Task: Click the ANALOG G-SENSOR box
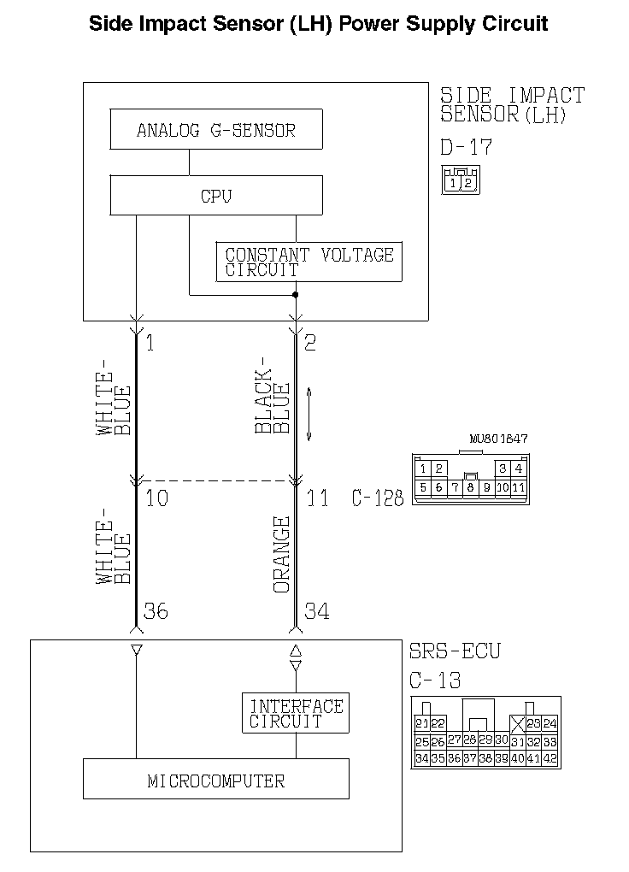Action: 216,131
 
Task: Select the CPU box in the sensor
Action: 216,195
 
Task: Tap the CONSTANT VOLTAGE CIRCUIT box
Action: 309,262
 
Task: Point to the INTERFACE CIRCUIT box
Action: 296,713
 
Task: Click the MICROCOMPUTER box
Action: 216,780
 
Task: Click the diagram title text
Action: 318,23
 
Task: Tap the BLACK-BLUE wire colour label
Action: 273,402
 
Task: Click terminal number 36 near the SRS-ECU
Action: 156,611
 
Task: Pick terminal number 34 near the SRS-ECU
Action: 316,611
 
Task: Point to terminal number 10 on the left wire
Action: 156,498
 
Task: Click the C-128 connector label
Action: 377,498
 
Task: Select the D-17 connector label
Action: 466,147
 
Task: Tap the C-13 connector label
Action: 435,681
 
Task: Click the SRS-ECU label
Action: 455,651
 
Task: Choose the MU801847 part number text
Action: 498,439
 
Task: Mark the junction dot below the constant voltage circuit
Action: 296,295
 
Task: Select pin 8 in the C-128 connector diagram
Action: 470,488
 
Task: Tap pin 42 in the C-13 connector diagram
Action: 550,758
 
